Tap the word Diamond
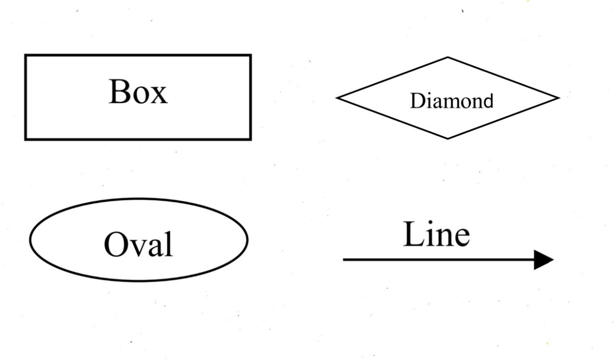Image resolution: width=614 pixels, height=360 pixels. (451, 101)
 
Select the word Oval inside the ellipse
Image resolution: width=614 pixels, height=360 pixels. (138, 244)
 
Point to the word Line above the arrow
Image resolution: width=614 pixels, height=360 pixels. (436, 235)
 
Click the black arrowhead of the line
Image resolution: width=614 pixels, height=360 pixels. (544, 260)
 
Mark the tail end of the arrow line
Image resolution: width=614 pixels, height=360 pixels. (344, 260)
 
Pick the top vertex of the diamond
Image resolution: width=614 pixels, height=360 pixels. (448, 58)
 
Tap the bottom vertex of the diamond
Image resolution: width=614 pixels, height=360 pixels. (448, 138)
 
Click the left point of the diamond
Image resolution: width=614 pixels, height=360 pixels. (337, 98)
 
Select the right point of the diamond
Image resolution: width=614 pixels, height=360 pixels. (558, 98)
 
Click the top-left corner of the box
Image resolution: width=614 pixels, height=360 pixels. (26, 56)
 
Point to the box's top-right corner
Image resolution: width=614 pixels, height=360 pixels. (250, 56)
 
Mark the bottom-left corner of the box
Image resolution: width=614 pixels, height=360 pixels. (26, 139)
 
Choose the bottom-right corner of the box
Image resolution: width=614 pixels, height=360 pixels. (250, 139)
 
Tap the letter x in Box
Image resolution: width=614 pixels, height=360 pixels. (159, 96)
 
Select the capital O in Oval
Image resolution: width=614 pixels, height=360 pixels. (115, 244)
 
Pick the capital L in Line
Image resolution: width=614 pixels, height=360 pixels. (413, 235)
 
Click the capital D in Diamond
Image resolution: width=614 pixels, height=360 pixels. (417, 101)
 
